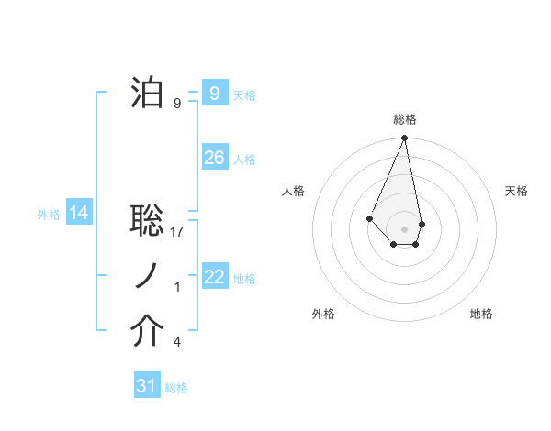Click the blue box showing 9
214,94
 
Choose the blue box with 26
214,158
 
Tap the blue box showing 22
214,277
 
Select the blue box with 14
79,214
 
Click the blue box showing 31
146,386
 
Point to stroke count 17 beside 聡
178,231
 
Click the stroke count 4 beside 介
176,342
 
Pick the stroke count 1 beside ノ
177,287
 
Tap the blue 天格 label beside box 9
244,94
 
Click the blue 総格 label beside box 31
176,387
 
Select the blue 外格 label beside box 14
49,215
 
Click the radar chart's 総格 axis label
404,119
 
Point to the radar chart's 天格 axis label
516,191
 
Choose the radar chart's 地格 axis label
481,314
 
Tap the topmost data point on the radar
404,138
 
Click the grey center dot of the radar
404,228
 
